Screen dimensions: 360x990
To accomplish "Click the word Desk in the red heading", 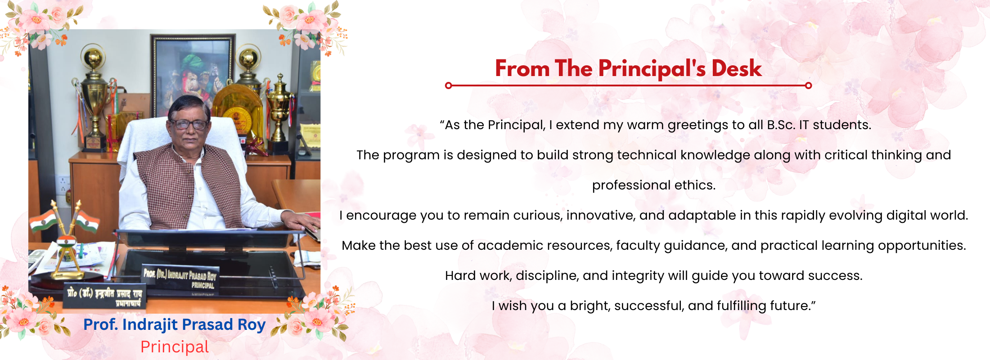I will point(736,68).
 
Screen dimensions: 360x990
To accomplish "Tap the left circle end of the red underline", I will point(448,85).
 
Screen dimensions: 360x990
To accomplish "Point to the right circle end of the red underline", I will point(808,85).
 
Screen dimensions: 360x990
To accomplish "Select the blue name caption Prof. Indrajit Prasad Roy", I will point(174,324).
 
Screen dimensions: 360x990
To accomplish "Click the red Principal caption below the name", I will point(175,347).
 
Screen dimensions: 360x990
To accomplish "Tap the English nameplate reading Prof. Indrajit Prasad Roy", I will point(180,277).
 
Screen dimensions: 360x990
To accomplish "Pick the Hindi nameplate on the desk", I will point(105,296).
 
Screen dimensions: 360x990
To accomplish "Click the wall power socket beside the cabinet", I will point(63,184).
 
